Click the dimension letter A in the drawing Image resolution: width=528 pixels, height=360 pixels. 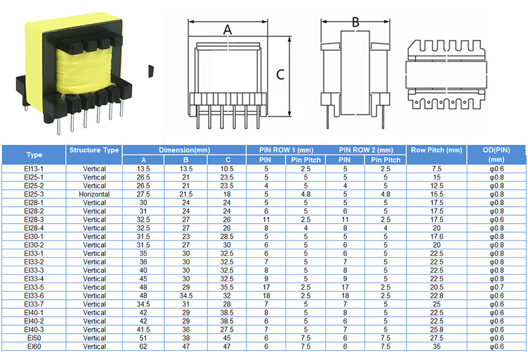(228, 29)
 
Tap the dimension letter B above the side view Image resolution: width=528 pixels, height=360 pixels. (355, 22)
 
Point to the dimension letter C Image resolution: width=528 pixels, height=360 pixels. (280, 74)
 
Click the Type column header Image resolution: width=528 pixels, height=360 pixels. (34, 154)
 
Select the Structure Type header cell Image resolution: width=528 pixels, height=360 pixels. (94, 150)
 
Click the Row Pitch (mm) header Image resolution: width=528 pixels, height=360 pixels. (437, 150)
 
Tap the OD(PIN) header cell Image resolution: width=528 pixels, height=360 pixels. (496, 154)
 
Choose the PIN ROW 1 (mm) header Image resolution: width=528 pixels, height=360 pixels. (286, 150)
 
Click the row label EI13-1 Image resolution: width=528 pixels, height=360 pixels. (34, 169)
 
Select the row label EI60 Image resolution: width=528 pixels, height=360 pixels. (34, 346)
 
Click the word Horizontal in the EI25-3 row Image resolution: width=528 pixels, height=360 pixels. (94, 194)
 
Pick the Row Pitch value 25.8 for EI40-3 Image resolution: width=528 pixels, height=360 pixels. (437, 329)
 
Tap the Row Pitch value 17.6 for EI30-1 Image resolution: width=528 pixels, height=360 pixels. (437, 237)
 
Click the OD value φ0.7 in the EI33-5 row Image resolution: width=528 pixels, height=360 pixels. (496, 287)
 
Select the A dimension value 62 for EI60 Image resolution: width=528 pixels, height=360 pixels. (143, 346)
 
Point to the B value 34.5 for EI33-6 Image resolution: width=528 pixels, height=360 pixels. (186, 296)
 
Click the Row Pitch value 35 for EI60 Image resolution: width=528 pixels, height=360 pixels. (437, 346)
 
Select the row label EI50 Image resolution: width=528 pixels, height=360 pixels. (34, 338)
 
